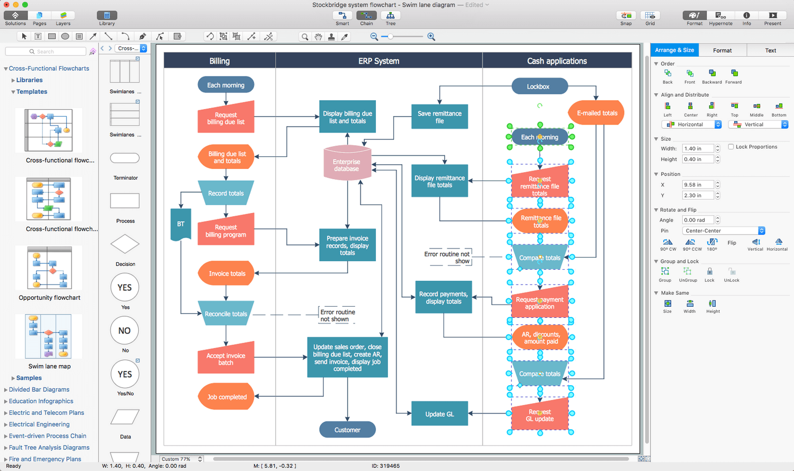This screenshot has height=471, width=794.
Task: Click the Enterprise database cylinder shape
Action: coord(347,164)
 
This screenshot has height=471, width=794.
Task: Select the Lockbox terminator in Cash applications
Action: coord(538,86)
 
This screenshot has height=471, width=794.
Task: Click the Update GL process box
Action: coord(439,414)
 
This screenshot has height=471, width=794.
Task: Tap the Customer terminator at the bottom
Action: coord(347,430)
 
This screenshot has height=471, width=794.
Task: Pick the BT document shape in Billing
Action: coord(181,224)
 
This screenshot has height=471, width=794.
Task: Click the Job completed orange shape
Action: coord(227,397)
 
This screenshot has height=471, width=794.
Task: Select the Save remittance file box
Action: coord(439,117)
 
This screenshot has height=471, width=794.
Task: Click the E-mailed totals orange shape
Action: coord(597,113)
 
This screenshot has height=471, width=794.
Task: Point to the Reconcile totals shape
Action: coord(226,314)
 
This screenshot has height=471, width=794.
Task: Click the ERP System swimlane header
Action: coord(378,61)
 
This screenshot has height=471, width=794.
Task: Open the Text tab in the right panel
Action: coord(770,50)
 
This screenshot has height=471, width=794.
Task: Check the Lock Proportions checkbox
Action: coord(731,147)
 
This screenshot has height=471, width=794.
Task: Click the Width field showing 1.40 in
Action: coord(698,149)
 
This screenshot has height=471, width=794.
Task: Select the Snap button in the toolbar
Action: coord(626,18)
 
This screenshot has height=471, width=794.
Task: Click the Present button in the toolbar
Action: coord(772,18)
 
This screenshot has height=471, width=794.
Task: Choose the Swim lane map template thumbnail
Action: coord(49,336)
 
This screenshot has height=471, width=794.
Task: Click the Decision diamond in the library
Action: coord(125,244)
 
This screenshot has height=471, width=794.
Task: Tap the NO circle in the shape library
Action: coord(125,331)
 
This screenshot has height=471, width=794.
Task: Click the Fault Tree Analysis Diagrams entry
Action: coord(49,447)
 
